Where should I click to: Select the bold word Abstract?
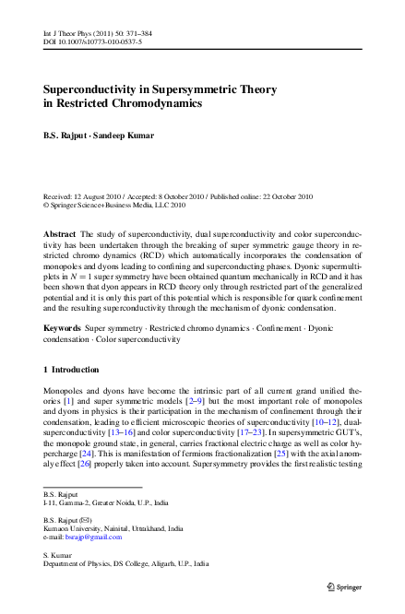tap(61, 234)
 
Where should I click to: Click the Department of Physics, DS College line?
tap(125, 562)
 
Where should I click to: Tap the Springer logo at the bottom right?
tap(346, 585)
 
